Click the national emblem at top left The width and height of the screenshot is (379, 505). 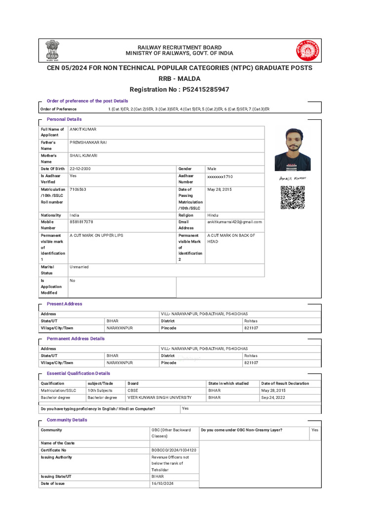click(x=51, y=50)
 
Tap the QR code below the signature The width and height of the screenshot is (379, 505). click(x=292, y=197)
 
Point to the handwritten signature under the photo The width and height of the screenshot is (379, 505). click(x=293, y=178)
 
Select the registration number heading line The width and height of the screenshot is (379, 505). click(x=179, y=89)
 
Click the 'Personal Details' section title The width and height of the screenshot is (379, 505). click(x=64, y=119)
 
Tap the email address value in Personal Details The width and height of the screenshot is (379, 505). click(x=234, y=222)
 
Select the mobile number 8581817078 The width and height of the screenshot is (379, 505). click(x=81, y=222)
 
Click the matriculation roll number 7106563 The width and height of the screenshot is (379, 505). click(x=78, y=189)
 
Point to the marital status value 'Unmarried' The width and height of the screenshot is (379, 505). click(x=79, y=267)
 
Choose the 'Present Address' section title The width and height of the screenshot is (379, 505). click(x=64, y=304)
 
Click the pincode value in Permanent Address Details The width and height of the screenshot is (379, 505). click(x=251, y=362)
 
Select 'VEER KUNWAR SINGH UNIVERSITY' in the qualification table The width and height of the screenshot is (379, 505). click(x=159, y=397)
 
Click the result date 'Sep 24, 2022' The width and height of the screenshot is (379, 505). click(x=274, y=397)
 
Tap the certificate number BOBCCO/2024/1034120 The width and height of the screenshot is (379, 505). click(x=174, y=450)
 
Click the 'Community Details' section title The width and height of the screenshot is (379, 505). click(x=67, y=420)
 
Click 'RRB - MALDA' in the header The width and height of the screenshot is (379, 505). click(x=179, y=78)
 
